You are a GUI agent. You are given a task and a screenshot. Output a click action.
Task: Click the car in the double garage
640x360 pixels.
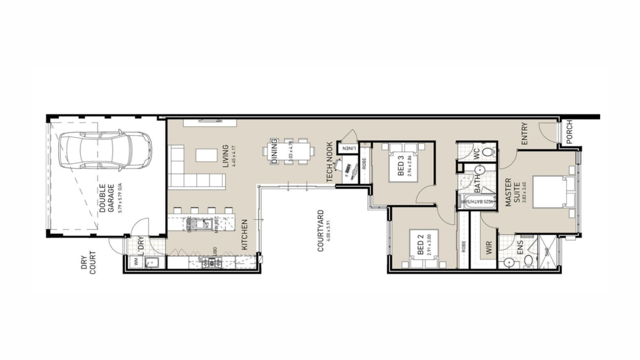tap(104, 151)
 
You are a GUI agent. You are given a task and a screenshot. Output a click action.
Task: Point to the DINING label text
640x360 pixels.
tap(274, 152)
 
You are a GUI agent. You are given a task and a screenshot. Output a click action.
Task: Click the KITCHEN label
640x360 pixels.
tap(244, 234)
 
